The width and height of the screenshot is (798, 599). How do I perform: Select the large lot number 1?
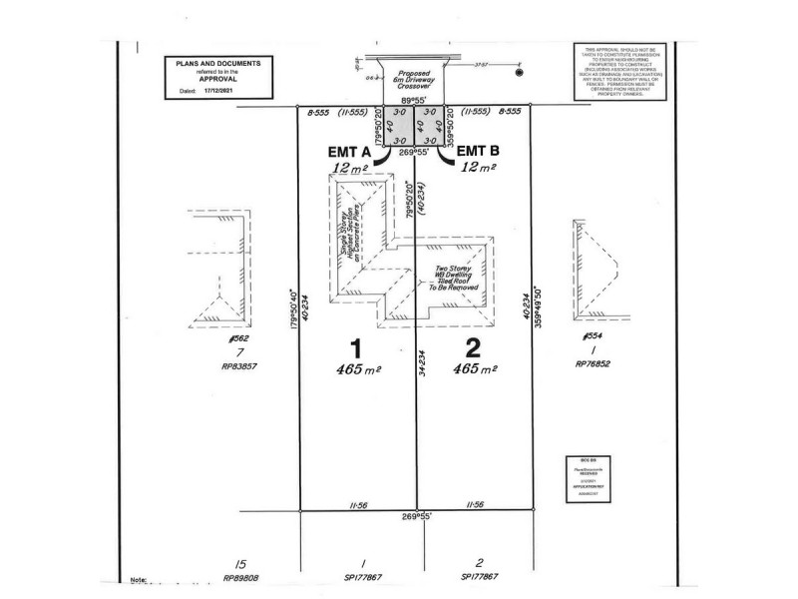352,348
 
